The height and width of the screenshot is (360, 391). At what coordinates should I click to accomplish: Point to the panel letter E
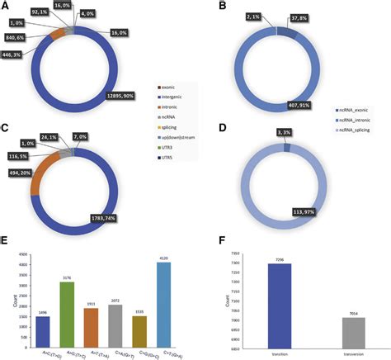pos(6,243)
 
